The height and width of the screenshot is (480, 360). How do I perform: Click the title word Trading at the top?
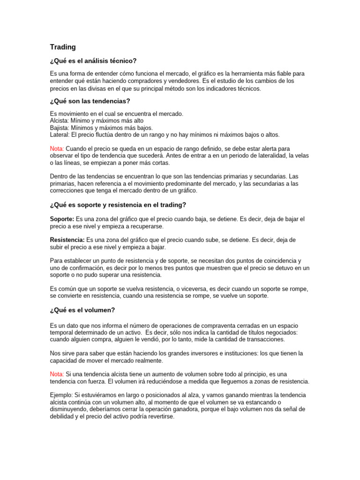pos(63,47)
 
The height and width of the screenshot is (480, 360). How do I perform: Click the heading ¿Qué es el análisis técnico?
pos(93,61)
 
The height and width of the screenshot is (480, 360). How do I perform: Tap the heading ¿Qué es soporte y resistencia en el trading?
pos(118,205)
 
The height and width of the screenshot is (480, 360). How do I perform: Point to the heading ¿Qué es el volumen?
pos(82,310)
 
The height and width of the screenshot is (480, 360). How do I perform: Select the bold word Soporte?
pos(62,219)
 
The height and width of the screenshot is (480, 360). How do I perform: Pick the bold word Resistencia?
pos(67,240)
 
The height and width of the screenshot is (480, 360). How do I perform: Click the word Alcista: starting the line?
pos(59,121)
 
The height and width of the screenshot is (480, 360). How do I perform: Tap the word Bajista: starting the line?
pos(60,128)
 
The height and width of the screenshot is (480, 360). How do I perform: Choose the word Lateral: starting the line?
pos(60,135)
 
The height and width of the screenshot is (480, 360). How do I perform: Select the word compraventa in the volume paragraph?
pos(219,325)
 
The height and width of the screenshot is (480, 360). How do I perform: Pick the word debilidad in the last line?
pos(64,416)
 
